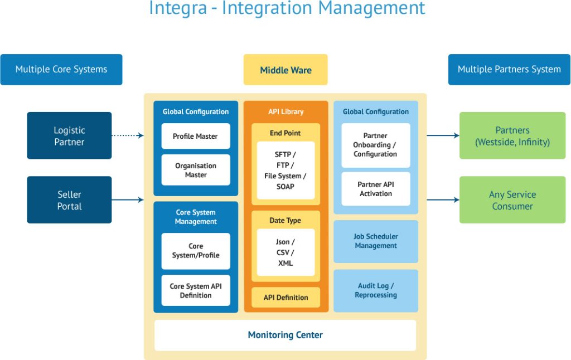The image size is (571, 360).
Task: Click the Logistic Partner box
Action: (69, 135)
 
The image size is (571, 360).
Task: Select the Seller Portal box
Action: (69, 200)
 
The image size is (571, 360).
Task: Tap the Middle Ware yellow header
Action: (285, 70)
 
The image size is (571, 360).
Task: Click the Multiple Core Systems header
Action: (61, 70)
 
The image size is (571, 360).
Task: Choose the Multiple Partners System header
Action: (509, 70)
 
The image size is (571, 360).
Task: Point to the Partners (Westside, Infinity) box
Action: (512, 135)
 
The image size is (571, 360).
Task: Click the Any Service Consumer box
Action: (512, 200)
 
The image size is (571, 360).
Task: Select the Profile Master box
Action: (195, 136)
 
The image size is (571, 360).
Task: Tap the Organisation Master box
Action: (195, 170)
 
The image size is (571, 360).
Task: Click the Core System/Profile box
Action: (195, 251)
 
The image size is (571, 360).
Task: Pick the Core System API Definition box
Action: (195, 290)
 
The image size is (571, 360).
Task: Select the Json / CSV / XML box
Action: (285, 252)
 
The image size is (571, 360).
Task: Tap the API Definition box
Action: (285, 298)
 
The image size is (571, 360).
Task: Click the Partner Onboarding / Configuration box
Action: (375, 145)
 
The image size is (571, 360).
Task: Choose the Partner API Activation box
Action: (375, 189)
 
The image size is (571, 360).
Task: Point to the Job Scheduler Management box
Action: (375, 241)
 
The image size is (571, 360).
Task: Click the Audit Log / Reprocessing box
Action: (375, 290)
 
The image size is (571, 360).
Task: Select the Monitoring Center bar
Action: (285, 335)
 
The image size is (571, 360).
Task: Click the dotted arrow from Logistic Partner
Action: (127, 135)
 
